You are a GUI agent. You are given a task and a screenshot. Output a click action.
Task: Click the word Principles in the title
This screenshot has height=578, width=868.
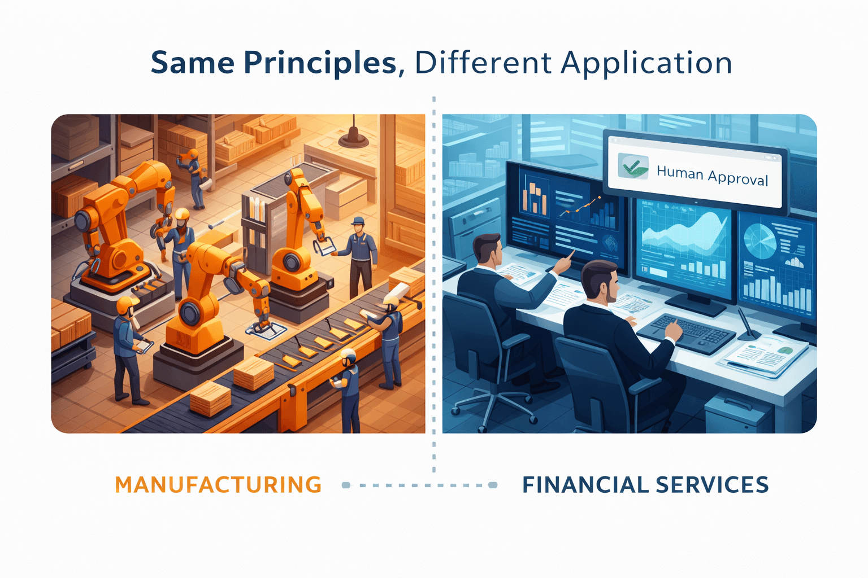pyautogui.click(x=320, y=63)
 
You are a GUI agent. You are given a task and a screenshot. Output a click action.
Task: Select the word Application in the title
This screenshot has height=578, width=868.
pyautogui.click(x=646, y=63)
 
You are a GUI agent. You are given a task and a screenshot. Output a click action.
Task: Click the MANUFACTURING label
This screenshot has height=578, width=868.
pyautogui.click(x=218, y=485)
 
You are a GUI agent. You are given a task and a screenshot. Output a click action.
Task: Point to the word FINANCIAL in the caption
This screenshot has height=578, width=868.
pyautogui.click(x=585, y=485)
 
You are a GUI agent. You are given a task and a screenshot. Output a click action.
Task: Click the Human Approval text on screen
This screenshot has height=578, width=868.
pyautogui.click(x=712, y=176)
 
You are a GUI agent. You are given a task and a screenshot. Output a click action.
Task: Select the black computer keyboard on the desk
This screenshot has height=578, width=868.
pyautogui.click(x=686, y=332)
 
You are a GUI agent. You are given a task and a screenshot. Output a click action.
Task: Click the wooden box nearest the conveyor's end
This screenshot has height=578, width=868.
pyautogui.click(x=210, y=398)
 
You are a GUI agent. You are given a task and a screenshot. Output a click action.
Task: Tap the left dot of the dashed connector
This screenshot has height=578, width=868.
pyautogui.click(x=346, y=485)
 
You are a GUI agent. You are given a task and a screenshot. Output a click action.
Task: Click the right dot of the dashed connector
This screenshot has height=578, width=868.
pyautogui.click(x=493, y=485)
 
